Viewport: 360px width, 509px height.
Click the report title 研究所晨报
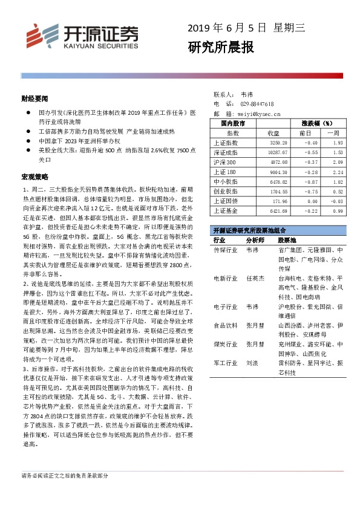pos(221,47)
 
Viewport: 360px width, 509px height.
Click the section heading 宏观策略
pos(34,177)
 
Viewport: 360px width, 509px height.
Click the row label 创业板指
pos(226,191)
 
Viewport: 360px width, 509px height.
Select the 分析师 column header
pos(255,241)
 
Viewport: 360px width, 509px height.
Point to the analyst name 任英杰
pos(255,279)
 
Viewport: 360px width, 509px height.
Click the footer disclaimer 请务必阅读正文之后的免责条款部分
pos(65,476)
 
